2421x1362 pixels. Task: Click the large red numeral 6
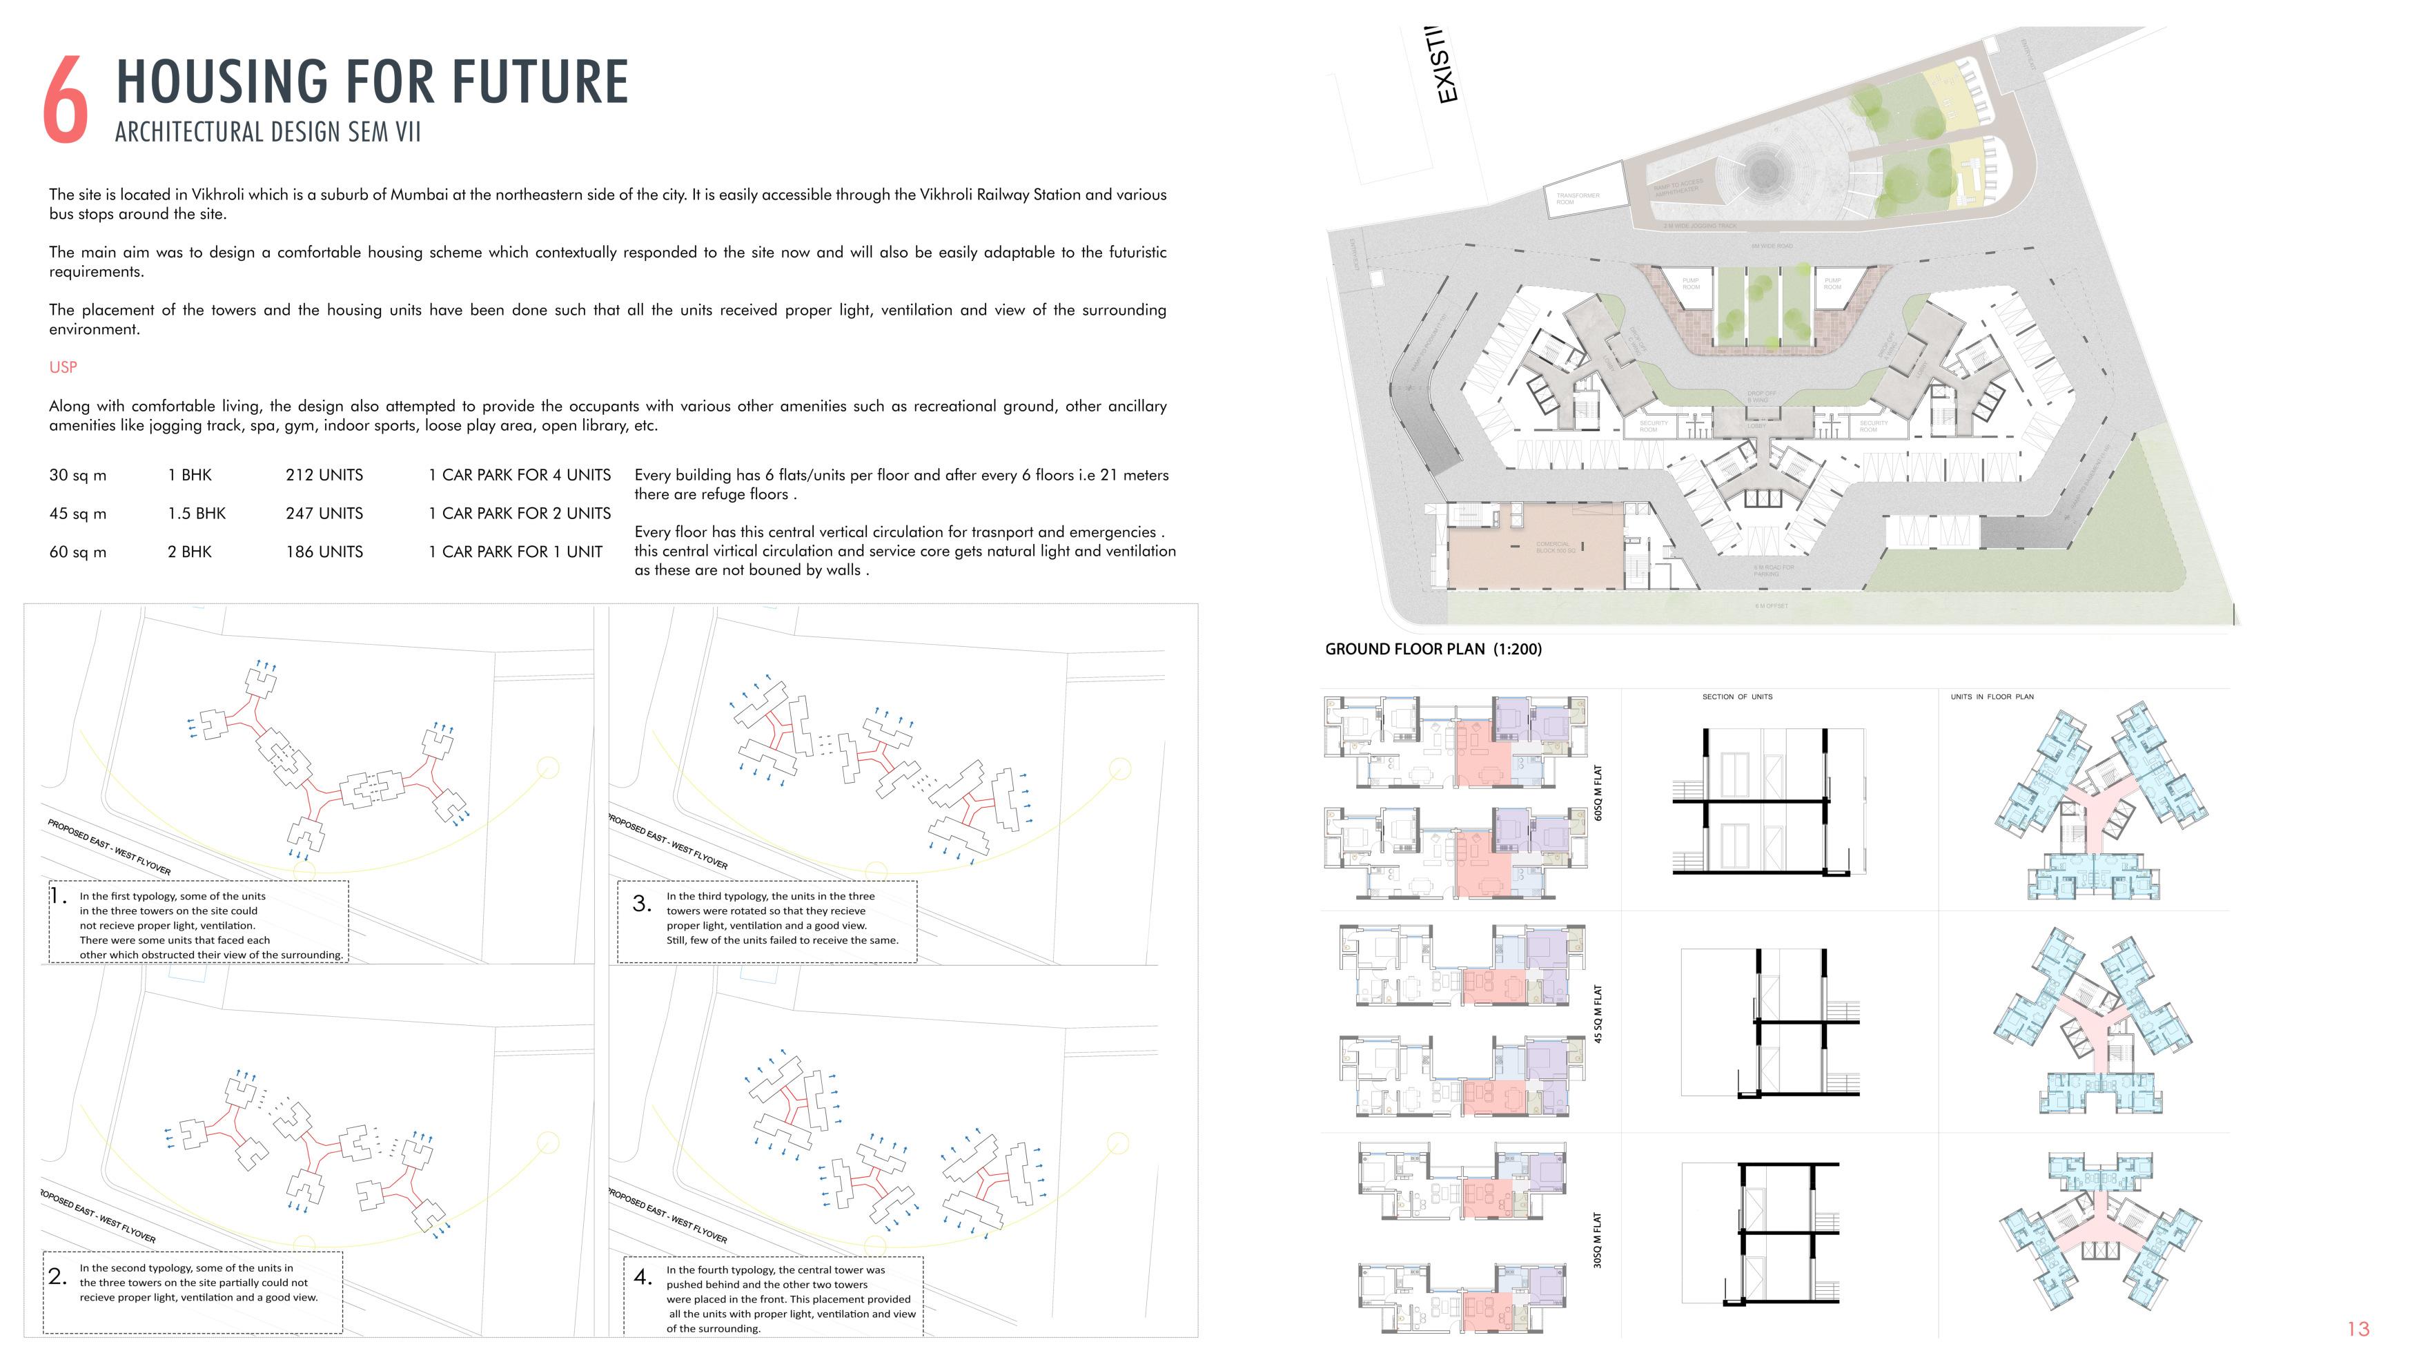(x=66, y=99)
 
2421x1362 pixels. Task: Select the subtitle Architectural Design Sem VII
(x=268, y=132)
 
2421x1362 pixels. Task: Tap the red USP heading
(x=63, y=367)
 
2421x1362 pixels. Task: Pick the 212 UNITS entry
(x=324, y=476)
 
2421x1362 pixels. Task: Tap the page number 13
(x=2358, y=1329)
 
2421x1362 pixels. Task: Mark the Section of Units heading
(x=1737, y=697)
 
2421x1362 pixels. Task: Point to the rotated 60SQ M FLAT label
(x=1598, y=792)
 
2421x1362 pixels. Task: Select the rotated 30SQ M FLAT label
(x=1598, y=1240)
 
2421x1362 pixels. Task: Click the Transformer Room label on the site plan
(x=1577, y=198)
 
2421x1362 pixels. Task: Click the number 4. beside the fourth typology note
(x=643, y=1277)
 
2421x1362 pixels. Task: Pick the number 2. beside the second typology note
(x=57, y=1276)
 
